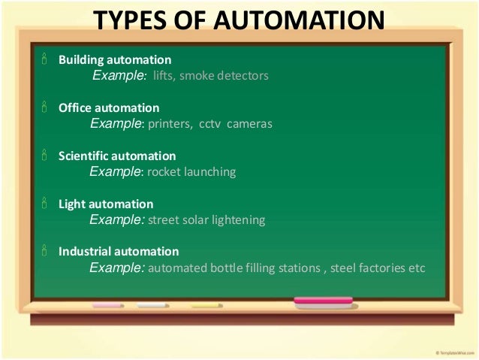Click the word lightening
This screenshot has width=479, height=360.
coord(240,220)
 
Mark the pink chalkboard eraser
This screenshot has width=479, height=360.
coord(323,303)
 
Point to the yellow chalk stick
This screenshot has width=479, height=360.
coord(206,306)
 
